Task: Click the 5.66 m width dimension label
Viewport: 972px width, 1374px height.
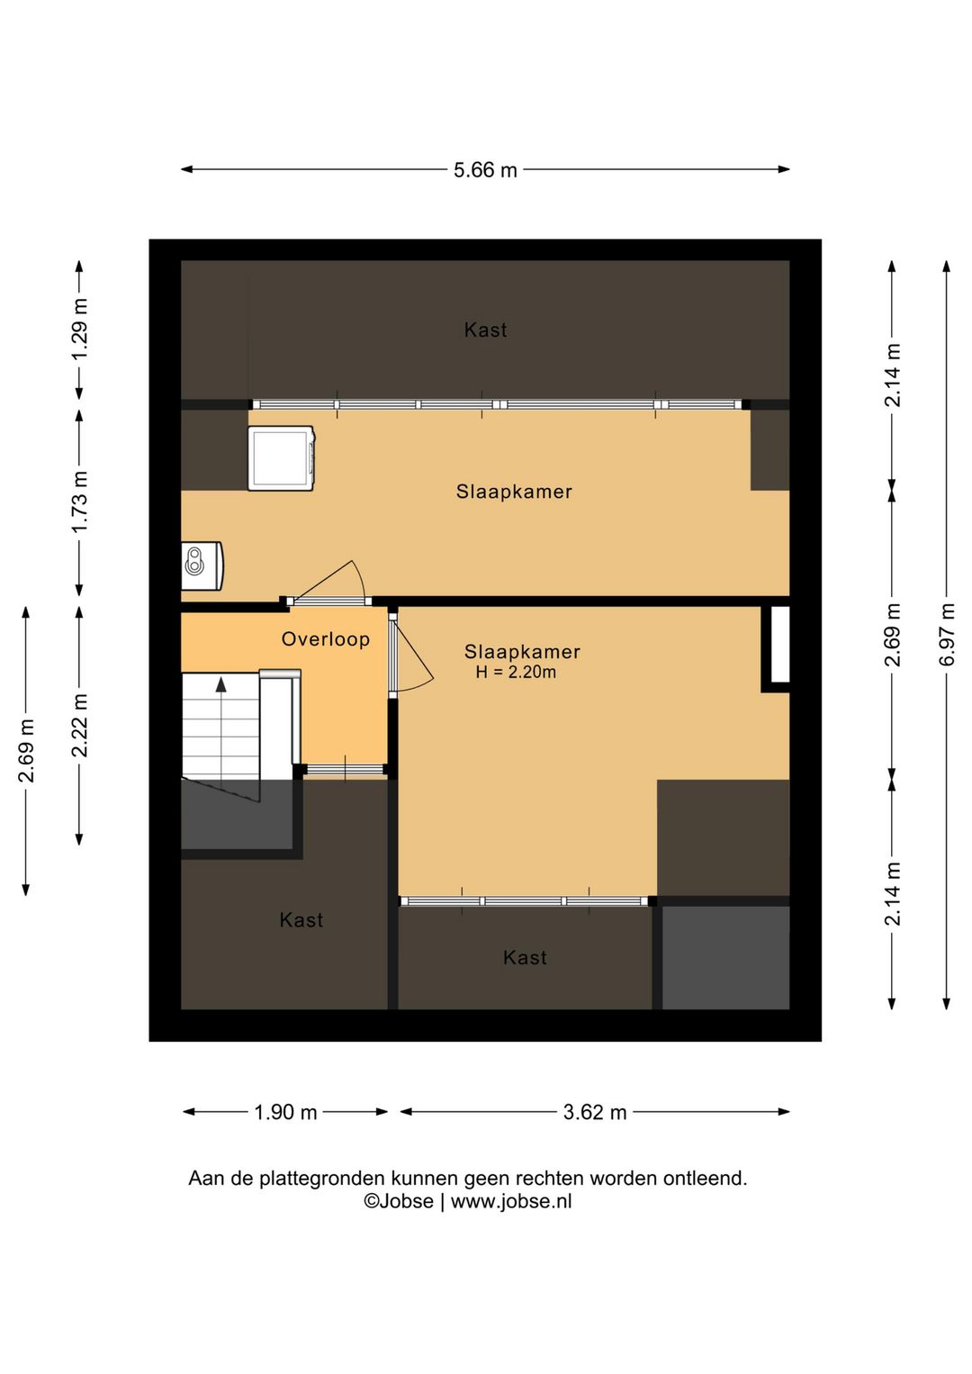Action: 485,170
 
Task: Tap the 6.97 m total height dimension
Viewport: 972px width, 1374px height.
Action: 947,635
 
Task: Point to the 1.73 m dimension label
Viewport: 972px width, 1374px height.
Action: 79,502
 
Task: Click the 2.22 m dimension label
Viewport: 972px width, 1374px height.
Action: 79,726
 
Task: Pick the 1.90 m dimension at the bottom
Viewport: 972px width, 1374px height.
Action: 285,1111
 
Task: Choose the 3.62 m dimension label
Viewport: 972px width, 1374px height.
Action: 595,1111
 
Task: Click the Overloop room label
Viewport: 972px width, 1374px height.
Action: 326,639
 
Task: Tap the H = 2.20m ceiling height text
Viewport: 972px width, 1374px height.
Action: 516,673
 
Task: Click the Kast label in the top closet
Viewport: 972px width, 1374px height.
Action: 485,330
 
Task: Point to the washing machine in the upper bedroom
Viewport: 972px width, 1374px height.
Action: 282,458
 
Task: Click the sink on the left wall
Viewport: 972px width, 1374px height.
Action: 202,565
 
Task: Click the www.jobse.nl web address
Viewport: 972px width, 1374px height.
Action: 511,1201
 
